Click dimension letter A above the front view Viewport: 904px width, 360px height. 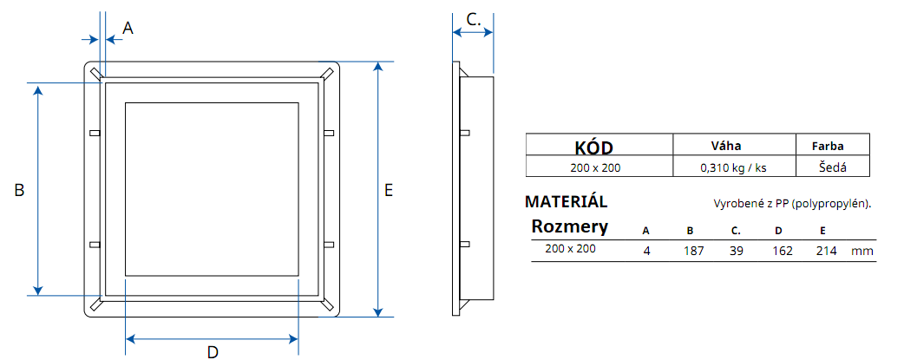click(x=128, y=28)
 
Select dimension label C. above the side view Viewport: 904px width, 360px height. click(x=474, y=19)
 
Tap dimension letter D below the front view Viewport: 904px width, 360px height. click(x=212, y=351)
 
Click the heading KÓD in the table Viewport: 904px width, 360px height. click(x=599, y=147)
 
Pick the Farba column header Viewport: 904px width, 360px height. click(x=828, y=147)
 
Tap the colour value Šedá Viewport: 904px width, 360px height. click(x=832, y=167)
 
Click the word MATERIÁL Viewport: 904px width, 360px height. click(x=567, y=202)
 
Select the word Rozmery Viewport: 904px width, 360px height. click(x=569, y=227)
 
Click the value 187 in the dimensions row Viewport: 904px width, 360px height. click(x=694, y=251)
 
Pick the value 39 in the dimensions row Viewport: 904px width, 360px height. click(x=735, y=251)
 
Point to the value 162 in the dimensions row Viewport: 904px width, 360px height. click(x=783, y=251)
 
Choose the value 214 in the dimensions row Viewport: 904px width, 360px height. click(x=826, y=251)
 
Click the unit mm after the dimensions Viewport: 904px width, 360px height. click(x=861, y=252)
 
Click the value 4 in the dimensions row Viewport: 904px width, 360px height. click(x=646, y=251)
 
